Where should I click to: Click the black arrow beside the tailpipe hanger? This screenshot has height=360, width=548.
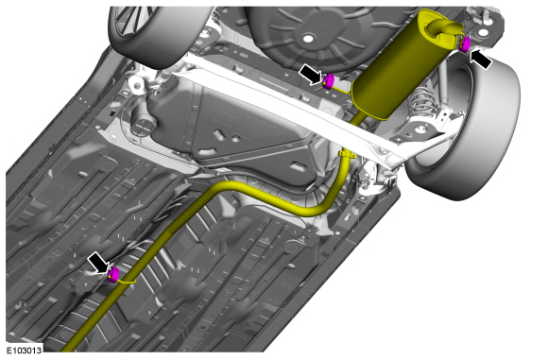481,60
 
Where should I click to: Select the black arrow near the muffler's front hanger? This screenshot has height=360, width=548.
310,74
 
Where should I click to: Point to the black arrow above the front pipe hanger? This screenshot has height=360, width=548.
98,263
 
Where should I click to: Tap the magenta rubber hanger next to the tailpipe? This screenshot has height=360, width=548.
465,44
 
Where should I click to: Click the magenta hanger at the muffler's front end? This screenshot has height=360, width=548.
328,81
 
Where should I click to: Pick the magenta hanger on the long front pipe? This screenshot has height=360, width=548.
112,274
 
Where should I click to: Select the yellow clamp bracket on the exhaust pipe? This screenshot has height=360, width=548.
347,154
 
